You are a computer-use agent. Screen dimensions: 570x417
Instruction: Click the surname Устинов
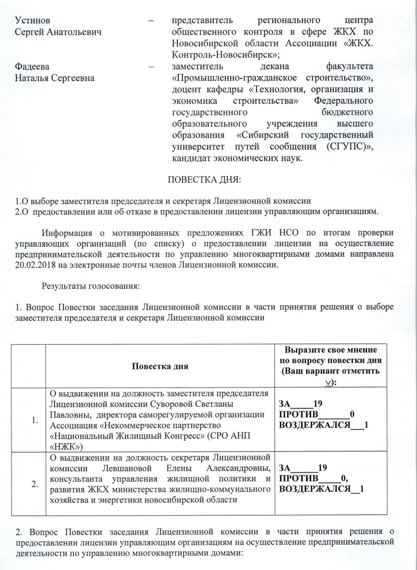click(x=33, y=21)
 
